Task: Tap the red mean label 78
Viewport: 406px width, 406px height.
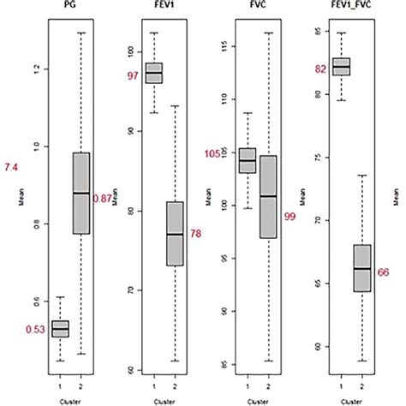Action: (x=195, y=233)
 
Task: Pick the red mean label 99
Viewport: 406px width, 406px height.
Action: (x=290, y=217)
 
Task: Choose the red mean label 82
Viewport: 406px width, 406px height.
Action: (x=320, y=69)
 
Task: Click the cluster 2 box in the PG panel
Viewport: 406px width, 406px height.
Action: (x=81, y=193)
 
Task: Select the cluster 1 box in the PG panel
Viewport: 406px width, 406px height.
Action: (x=60, y=328)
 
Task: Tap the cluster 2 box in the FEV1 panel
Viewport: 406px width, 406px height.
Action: (x=175, y=233)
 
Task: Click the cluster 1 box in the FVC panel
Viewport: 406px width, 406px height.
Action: (x=247, y=160)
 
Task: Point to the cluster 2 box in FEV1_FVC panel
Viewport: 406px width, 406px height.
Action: (x=362, y=268)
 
